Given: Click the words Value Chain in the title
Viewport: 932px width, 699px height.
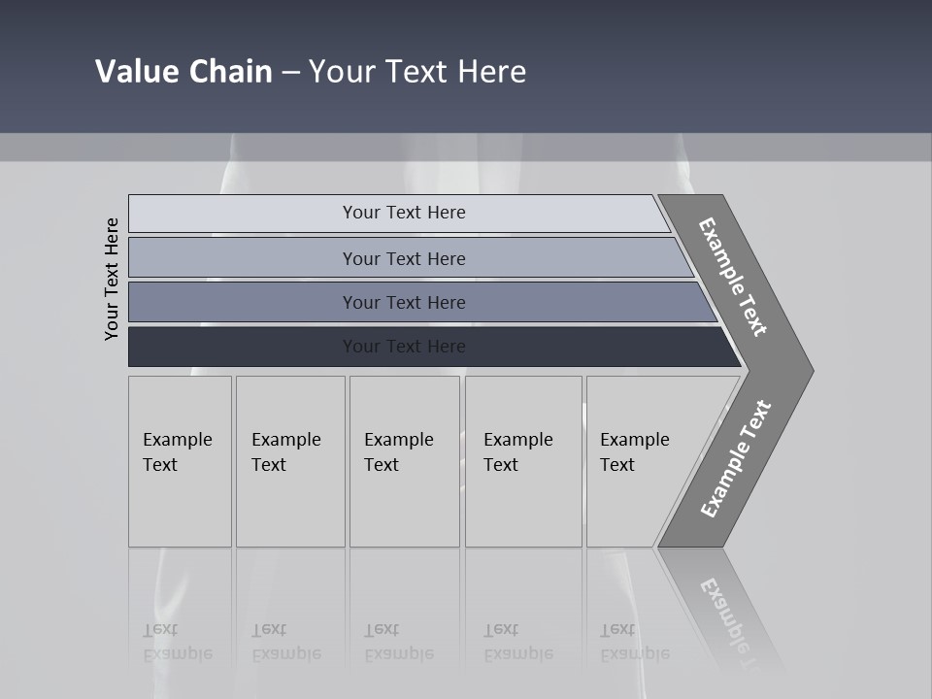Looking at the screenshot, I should pos(183,71).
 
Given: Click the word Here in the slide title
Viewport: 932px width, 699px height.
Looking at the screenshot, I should pos(491,71).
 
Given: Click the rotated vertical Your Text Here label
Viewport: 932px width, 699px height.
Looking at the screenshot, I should pos(112,279).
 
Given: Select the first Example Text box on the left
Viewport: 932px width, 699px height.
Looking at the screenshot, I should pos(180,461).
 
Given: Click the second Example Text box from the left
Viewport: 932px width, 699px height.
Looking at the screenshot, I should pos(290,461).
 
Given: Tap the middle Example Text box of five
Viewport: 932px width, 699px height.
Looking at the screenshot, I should pos(404,461).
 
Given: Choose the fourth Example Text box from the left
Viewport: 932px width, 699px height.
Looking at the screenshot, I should pos(523,461).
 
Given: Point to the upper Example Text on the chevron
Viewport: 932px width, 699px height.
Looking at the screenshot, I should pos(733,277).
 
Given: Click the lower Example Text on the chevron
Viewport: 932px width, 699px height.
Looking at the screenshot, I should pos(735,459).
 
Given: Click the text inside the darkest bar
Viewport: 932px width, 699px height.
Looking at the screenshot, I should pos(404,347).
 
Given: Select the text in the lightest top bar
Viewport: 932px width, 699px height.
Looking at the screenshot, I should pos(404,213).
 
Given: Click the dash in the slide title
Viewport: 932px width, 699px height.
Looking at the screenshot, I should pos(290,72).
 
